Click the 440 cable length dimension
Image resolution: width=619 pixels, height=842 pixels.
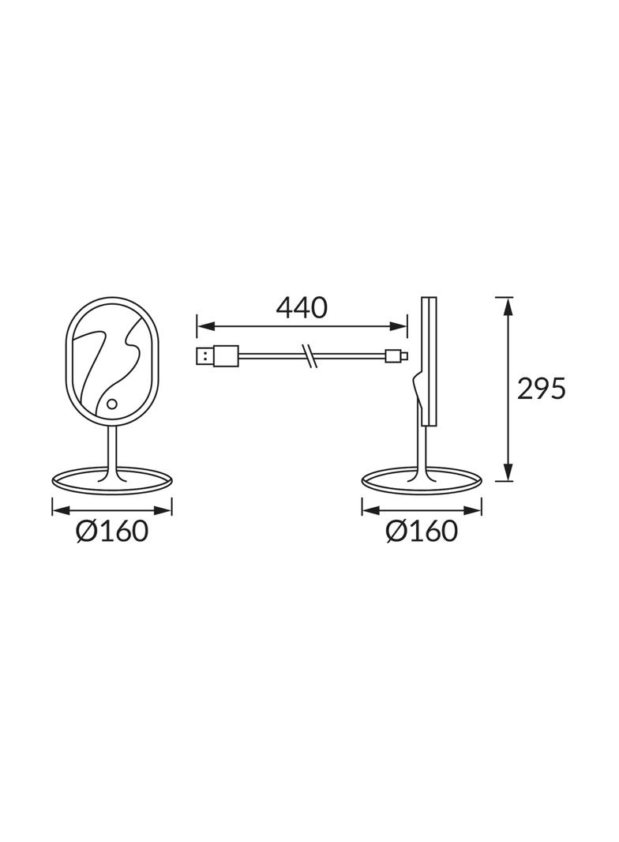301,307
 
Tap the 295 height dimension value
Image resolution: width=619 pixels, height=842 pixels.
542,389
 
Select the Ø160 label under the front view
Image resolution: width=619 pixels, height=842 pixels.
112,532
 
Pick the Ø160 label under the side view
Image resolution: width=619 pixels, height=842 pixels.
422,532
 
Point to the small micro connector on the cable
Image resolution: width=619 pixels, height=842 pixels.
396,357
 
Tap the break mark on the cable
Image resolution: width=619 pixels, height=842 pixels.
310,357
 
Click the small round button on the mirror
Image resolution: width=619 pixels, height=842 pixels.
111,405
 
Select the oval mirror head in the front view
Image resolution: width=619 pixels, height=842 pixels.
111,359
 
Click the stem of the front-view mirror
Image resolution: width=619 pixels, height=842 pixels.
111,450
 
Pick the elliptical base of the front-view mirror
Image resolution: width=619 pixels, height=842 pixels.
111,480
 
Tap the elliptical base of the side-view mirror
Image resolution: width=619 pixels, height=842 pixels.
421,480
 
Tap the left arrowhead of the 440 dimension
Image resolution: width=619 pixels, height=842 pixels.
203,325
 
